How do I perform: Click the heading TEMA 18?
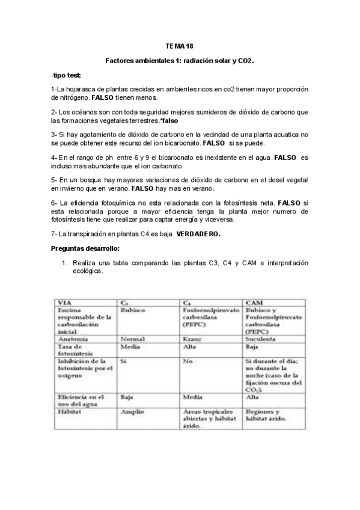coord(180,46)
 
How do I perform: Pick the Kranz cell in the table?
coord(191,339)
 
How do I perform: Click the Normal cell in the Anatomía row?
coord(133,339)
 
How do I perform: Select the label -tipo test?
coord(66,75)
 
